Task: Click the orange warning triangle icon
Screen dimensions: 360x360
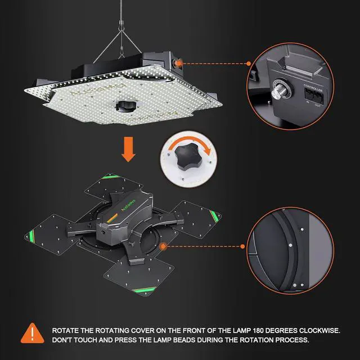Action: point(33,334)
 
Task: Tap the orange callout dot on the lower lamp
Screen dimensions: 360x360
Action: point(163,246)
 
